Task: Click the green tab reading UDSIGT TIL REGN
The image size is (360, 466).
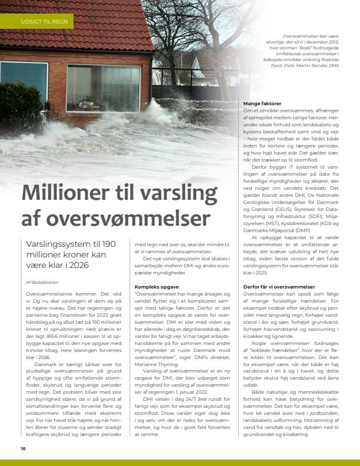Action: tap(44, 22)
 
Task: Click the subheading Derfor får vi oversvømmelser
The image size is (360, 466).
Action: tap(279, 287)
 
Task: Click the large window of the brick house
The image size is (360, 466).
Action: tap(103, 88)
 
